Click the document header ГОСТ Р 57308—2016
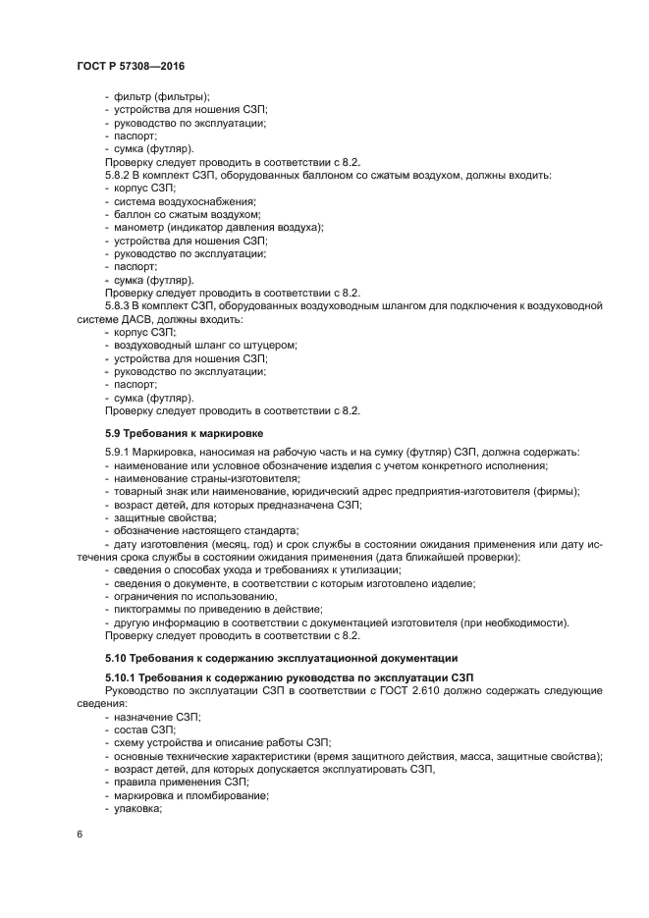click(x=130, y=65)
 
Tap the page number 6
click(x=80, y=834)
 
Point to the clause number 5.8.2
click(x=120, y=175)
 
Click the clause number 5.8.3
click(x=120, y=306)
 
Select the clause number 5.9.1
click(x=120, y=451)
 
